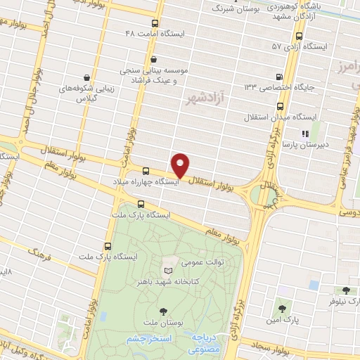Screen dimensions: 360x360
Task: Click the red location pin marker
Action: click(x=181, y=165)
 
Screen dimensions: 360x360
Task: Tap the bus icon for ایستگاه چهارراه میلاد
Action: click(x=146, y=171)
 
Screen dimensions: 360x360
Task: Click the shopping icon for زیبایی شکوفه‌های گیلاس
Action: click(x=86, y=77)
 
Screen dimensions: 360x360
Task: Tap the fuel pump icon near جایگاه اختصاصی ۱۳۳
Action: click(x=281, y=77)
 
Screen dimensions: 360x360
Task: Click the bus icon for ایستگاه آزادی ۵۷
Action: click(x=300, y=36)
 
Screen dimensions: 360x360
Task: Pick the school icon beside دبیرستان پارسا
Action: click(x=304, y=133)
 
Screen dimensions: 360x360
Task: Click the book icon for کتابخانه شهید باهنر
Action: click(x=167, y=270)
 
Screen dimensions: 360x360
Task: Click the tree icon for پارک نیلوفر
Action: click(x=345, y=290)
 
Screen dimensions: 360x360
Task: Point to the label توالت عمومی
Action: click(x=202, y=263)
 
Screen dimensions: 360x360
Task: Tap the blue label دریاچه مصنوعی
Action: click(x=205, y=343)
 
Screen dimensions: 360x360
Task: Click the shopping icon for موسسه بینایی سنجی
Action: click(x=153, y=59)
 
